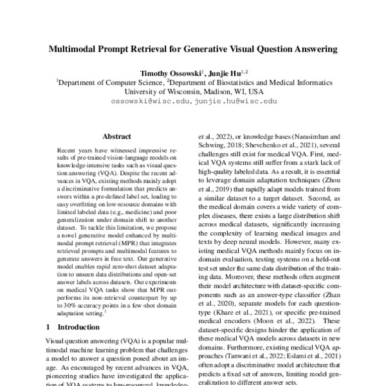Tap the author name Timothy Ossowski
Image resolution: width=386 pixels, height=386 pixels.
point(169,73)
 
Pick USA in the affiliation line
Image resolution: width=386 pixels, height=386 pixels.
point(255,91)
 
